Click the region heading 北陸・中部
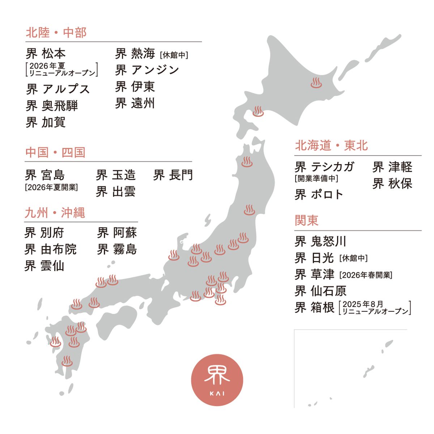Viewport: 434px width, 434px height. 56,33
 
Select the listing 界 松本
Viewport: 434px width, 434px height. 46,54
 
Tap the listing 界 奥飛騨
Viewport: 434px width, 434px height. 52,106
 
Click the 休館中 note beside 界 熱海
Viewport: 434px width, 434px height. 174,55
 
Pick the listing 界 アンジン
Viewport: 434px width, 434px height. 147,70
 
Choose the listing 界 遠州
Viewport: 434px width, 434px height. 135,103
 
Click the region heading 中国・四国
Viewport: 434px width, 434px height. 55,153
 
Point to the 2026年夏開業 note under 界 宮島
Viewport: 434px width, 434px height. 51,187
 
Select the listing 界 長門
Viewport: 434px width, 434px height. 173,175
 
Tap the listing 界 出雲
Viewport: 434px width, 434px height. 116,192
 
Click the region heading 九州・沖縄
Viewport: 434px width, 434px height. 55,213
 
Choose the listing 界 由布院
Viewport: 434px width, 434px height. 50,249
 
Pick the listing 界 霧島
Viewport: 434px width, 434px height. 117,249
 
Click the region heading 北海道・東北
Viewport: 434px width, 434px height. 331,146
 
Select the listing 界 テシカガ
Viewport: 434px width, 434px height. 324,167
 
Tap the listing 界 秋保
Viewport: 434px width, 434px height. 392,184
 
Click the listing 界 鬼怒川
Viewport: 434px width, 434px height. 320,241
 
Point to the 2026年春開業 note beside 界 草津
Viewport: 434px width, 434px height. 366,275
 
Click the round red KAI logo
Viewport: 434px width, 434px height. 217,380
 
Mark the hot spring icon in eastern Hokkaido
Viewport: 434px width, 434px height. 316,83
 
